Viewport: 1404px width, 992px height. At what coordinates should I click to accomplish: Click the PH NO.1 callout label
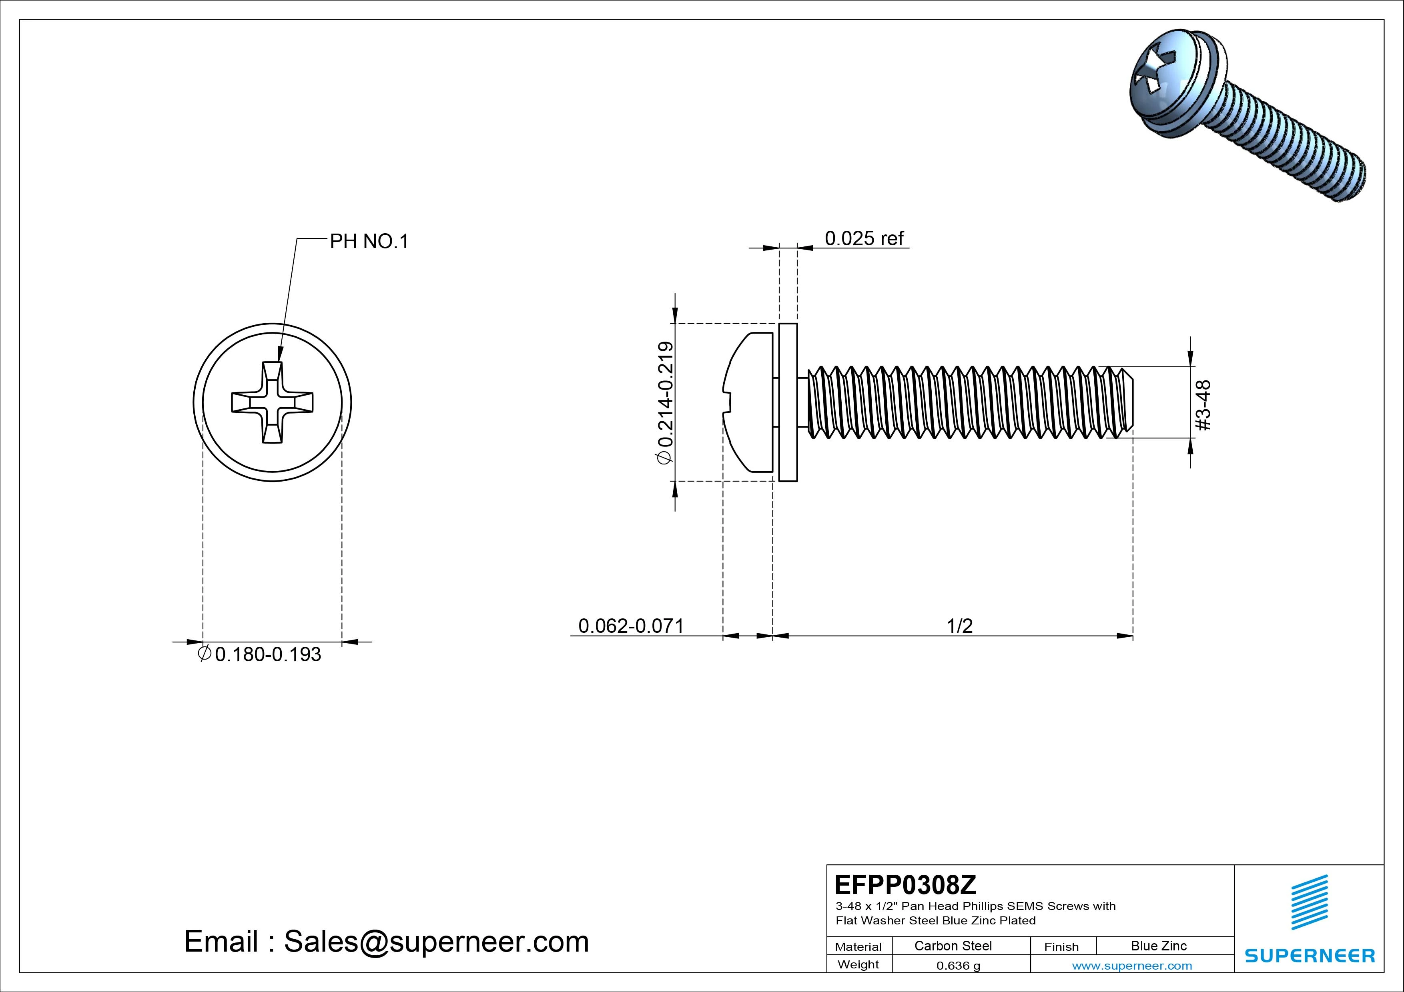click(x=369, y=242)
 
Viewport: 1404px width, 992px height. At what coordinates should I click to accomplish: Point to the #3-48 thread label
click(x=1203, y=405)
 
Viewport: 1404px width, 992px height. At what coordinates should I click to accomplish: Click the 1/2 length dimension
click(x=959, y=626)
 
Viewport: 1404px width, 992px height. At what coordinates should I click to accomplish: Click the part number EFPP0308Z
click(x=905, y=884)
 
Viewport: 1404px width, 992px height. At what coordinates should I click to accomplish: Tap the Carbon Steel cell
click(x=953, y=946)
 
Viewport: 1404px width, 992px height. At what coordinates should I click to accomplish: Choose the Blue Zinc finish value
click(x=1158, y=946)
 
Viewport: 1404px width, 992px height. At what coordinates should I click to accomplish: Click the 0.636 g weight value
click(x=958, y=966)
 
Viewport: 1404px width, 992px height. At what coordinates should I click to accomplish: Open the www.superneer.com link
click(x=1131, y=966)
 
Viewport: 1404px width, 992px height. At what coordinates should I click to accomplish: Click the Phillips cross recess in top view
click(x=272, y=402)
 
